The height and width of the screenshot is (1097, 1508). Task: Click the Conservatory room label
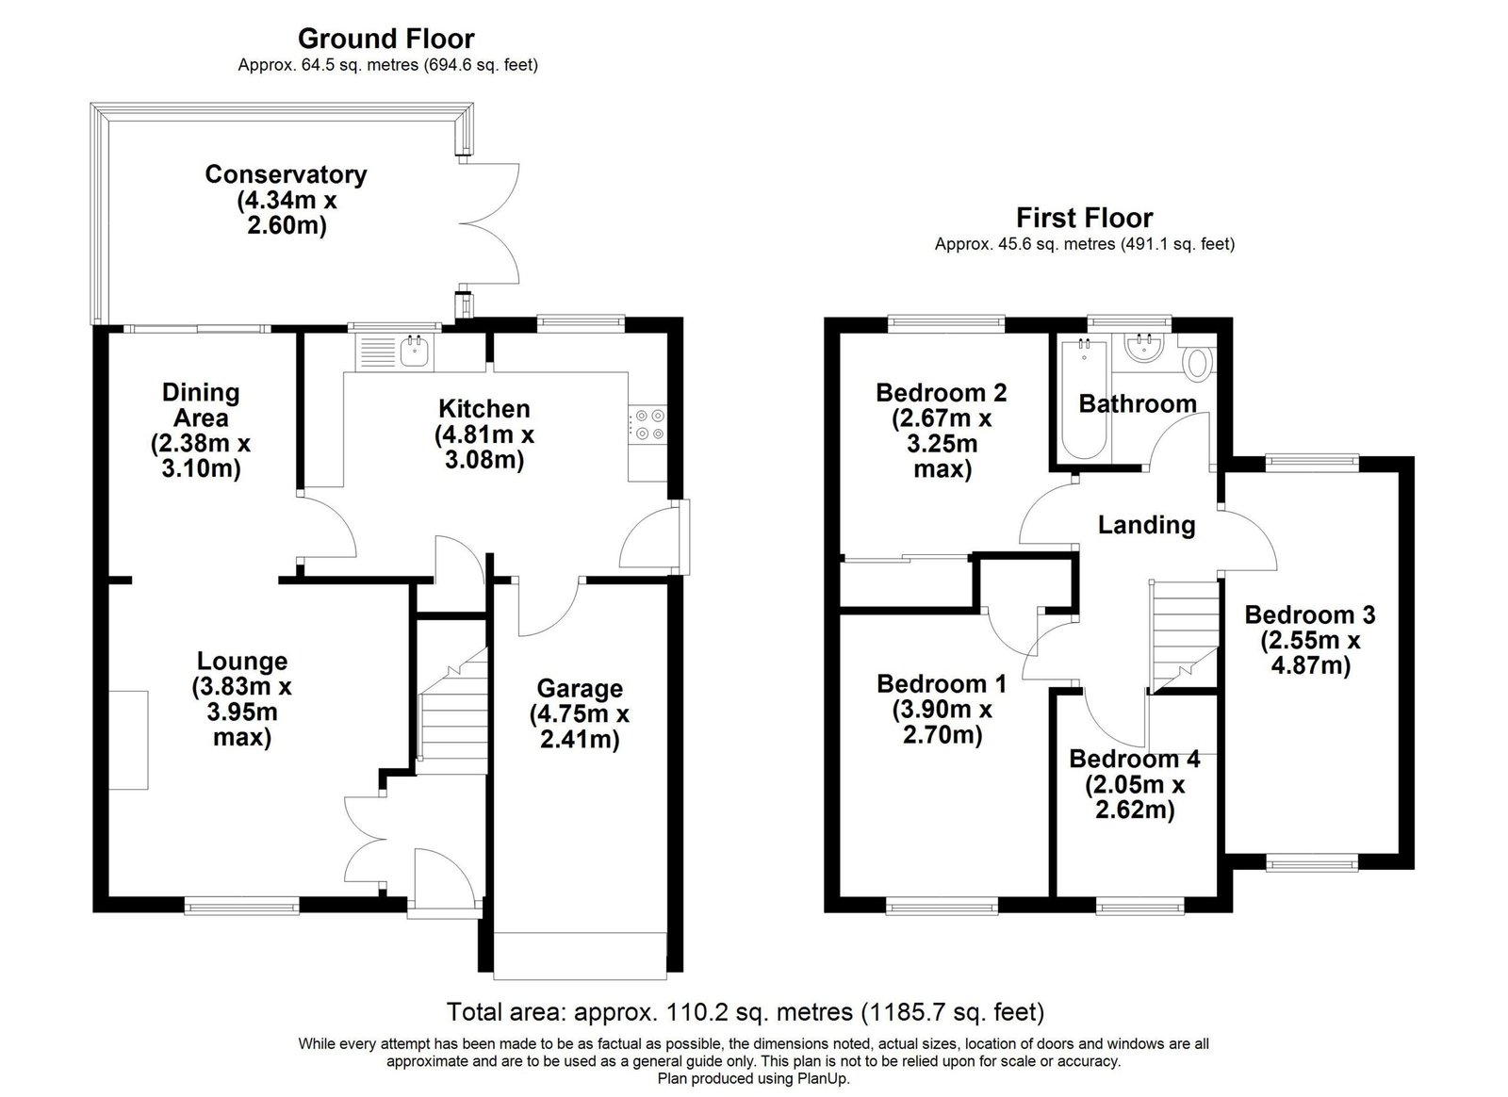287,174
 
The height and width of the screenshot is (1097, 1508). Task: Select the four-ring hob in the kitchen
648,425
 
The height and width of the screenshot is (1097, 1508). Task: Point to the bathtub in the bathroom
1084,400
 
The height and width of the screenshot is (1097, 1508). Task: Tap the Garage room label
580,689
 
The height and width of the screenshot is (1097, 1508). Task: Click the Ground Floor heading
386,39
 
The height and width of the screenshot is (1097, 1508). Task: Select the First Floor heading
1085,218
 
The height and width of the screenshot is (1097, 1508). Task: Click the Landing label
1146,525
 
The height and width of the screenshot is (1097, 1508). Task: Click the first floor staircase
1185,637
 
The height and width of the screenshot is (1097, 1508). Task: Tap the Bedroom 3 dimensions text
1310,653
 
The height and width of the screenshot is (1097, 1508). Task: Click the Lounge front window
241,907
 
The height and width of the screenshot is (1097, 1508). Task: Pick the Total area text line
746,1011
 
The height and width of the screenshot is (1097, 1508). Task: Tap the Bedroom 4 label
1135,760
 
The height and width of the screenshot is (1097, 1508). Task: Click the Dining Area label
201,405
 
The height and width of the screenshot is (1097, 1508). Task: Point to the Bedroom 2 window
946,323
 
